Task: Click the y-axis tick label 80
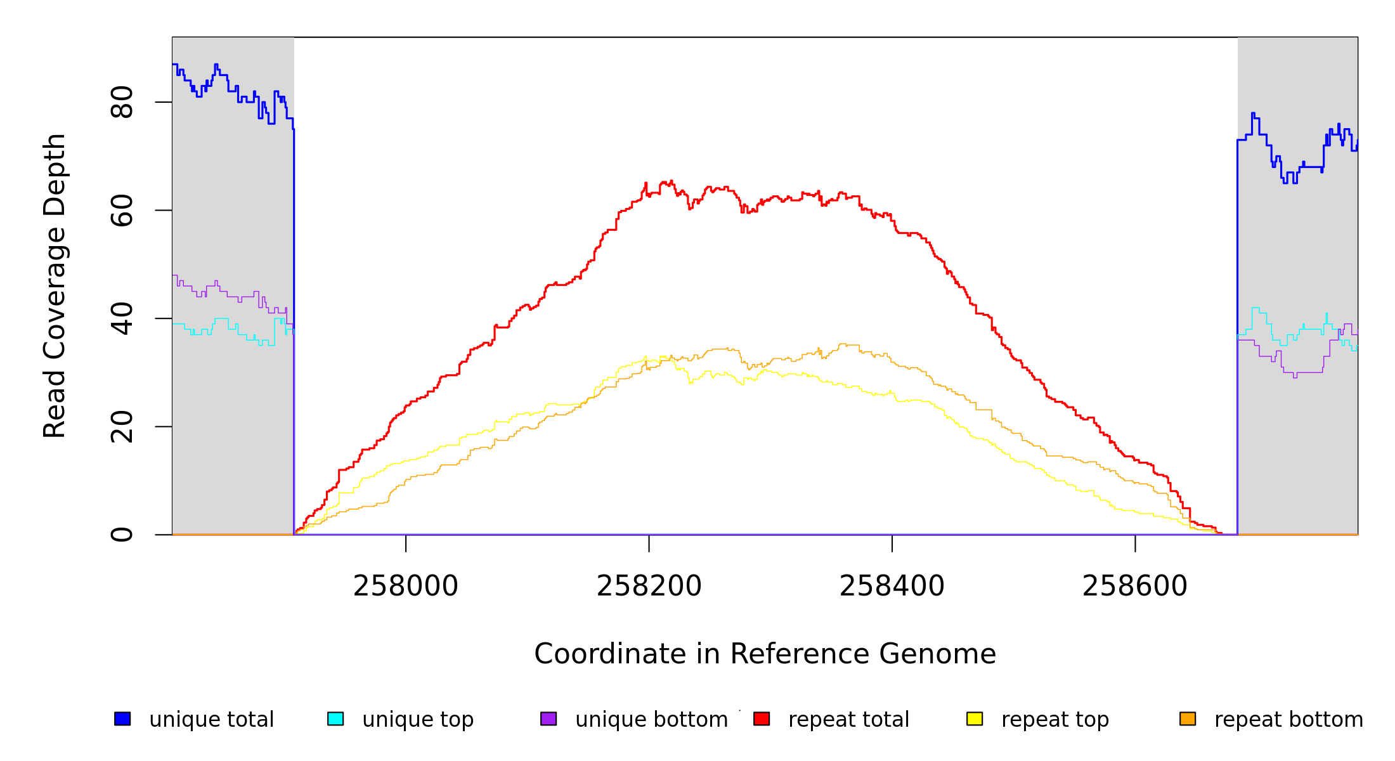point(122,102)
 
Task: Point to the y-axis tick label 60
point(122,211)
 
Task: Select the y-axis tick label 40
point(122,318)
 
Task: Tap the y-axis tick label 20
point(122,427)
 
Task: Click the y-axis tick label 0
point(122,535)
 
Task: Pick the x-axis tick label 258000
point(406,586)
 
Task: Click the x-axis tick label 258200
point(649,586)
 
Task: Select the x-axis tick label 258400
point(892,586)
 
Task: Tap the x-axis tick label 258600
point(1135,586)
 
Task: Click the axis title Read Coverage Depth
point(55,285)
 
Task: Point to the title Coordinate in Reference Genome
point(765,654)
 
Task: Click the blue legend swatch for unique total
point(122,719)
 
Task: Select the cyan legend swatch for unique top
point(335,719)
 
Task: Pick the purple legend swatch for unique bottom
point(548,719)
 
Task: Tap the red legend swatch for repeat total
point(762,719)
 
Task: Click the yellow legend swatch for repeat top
point(975,719)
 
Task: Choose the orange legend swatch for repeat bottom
point(1188,719)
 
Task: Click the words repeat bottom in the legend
point(1288,720)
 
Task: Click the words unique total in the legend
point(212,720)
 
